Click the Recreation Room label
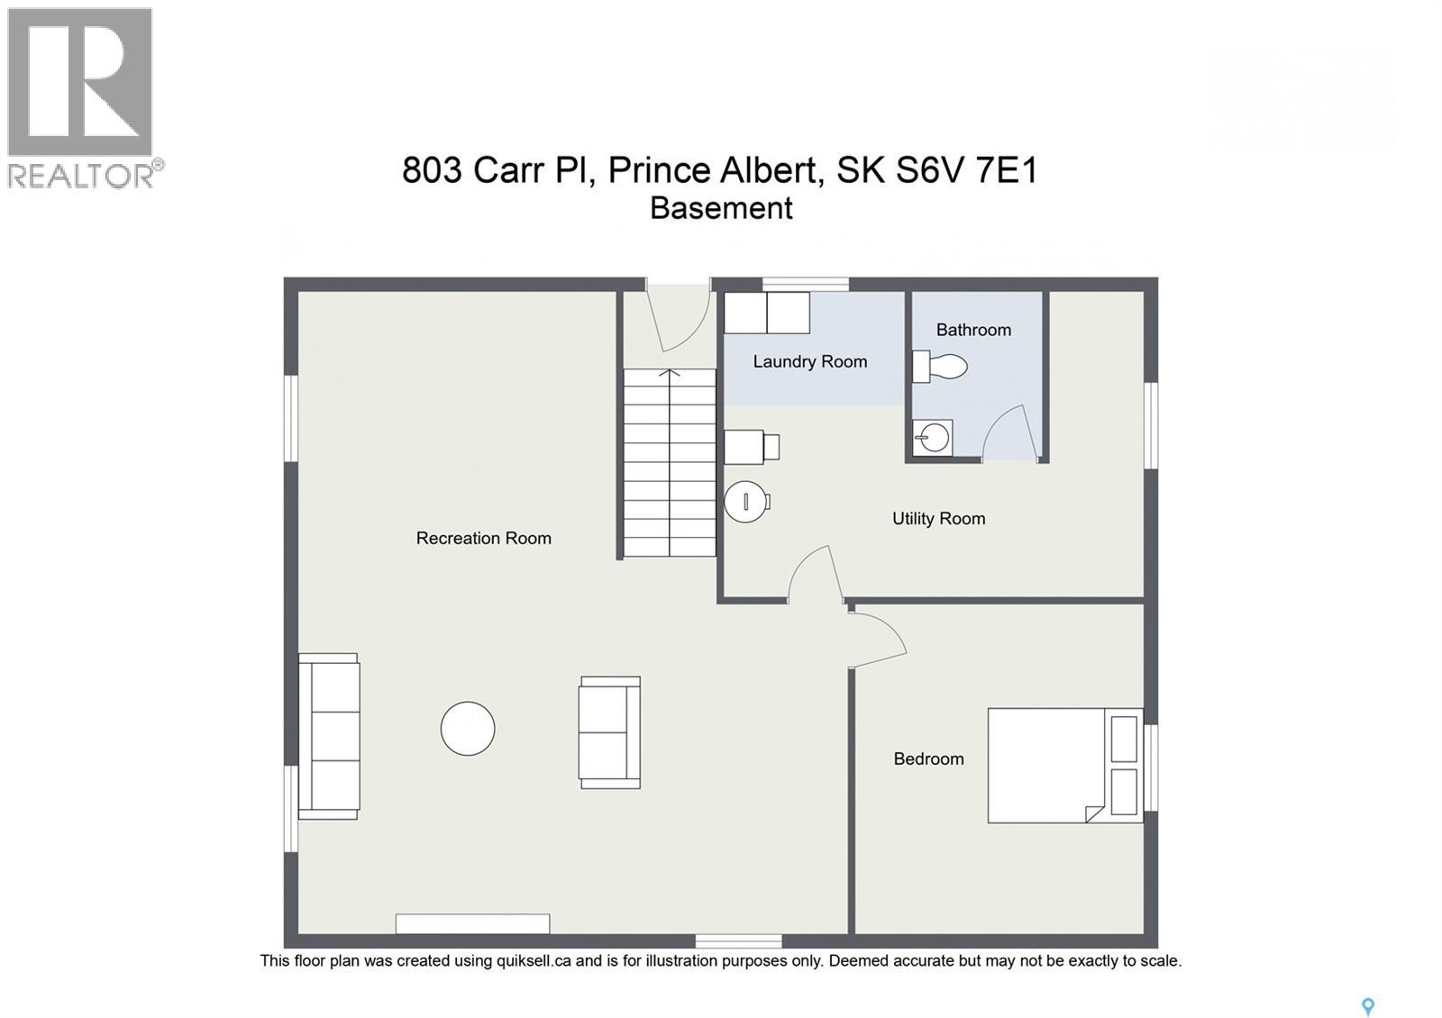483,539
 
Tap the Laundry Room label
809,362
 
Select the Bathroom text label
973,330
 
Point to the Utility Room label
938,519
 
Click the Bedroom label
928,759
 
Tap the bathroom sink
933,439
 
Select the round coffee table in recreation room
468,729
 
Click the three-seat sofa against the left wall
329,736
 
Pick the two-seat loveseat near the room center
610,732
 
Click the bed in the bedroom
1063,766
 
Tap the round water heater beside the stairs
746,502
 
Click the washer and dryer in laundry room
767,313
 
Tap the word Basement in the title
721,208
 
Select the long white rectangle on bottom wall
472,923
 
